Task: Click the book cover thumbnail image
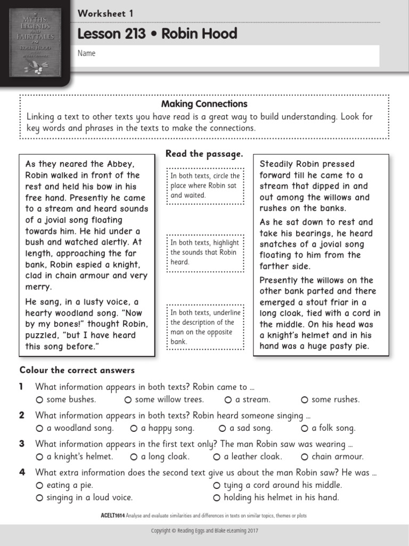(x=36, y=38)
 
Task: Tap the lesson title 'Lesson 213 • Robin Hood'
(x=157, y=34)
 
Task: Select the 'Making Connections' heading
(x=204, y=104)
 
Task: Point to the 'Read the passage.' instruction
(x=204, y=154)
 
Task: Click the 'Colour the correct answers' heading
(x=77, y=370)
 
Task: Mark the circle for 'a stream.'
(x=228, y=400)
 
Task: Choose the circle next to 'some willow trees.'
(x=128, y=400)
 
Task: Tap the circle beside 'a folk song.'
(x=305, y=428)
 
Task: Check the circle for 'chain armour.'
(x=305, y=457)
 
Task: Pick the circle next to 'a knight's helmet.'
(x=39, y=457)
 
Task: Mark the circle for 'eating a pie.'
(x=39, y=485)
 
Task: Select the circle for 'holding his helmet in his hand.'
(x=217, y=498)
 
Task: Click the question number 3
(x=22, y=444)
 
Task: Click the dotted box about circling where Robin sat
(x=204, y=186)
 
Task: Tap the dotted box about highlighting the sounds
(x=204, y=252)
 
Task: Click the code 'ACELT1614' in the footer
(x=112, y=516)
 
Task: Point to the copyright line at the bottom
(x=204, y=531)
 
